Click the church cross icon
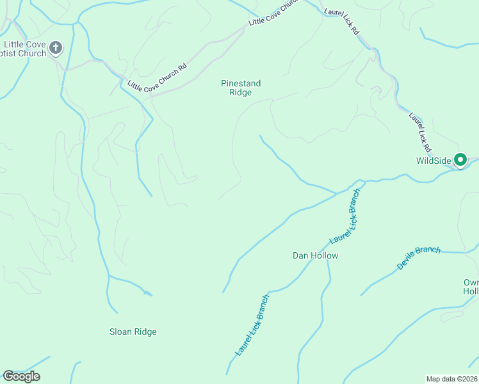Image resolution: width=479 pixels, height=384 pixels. pyautogui.click(x=56, y=47)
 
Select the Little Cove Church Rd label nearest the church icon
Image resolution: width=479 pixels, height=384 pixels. pyautogui.click(x=157, y=77)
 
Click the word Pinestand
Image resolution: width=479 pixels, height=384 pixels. pyautogui.click(x=240, y=83)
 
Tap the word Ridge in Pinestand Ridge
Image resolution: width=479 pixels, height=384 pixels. pyautogui.click(x=241, y=93)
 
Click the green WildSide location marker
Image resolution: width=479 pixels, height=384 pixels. pyautogui.click(x=460, y=160)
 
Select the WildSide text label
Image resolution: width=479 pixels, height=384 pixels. pyautogui.click(x=434, y=161)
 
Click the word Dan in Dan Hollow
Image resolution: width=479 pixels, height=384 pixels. pyautogui.click(x=301, y=255)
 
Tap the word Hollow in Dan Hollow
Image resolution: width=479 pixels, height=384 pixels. pyautogui.click(x=325, y=255)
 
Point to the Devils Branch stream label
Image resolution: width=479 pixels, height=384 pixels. pyautogui.click(x=419, y=257)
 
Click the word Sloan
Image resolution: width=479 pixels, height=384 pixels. pyautogui.click(x=120, y=332)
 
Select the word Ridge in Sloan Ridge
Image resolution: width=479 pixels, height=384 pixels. pyautogui.click(x=145, y=332)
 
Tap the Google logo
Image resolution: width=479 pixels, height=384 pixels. pyautogui.click(x=21, y=376)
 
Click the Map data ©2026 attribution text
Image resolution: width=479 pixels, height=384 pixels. pyautogui.click(x=451, y=379)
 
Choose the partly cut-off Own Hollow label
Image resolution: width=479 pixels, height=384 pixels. pyautogui.click(x=471, y=287)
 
